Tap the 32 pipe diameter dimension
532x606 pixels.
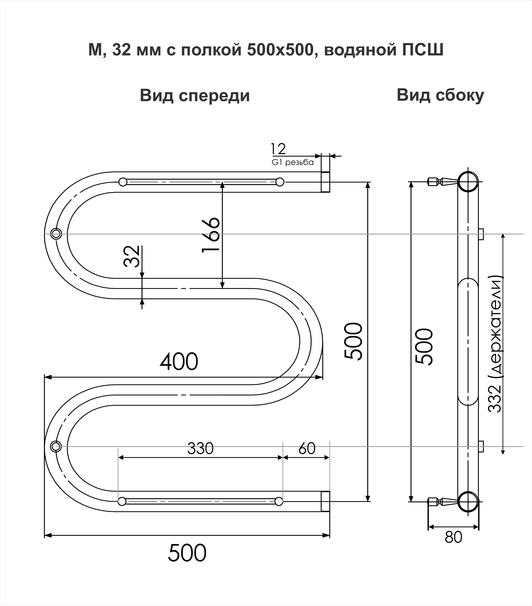[131, 256]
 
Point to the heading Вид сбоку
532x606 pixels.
[440, 95]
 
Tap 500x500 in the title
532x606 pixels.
[280, 50]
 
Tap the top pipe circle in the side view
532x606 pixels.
[468, 182]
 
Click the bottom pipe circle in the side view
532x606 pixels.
[468, 501]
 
